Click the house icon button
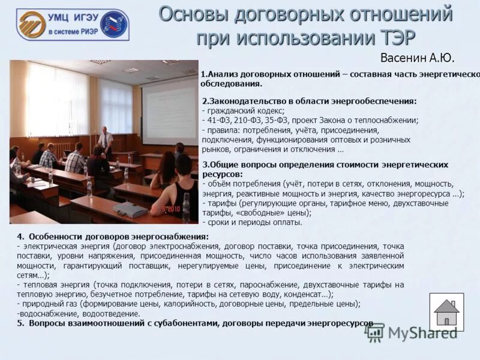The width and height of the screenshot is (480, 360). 446,312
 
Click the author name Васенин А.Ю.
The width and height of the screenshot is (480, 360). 417,58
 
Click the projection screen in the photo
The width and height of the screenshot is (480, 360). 170,109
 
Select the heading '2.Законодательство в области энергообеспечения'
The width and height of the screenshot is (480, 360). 309,101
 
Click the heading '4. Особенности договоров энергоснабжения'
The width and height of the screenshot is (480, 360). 113,236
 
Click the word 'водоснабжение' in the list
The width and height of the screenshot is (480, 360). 46,313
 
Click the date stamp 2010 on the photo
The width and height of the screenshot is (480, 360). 172,209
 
